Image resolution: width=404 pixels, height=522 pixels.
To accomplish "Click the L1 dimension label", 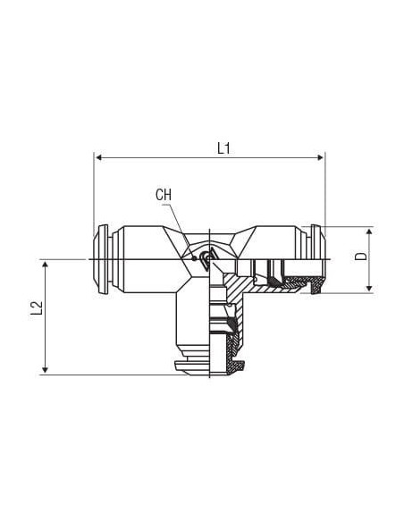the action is [x=223, y=148].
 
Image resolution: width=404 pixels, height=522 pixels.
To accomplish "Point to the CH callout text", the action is [x=164, y=195].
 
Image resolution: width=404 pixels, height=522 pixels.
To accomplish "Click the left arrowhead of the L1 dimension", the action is [x=98, y=157].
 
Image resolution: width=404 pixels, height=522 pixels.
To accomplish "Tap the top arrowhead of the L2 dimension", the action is [x=46, y=265].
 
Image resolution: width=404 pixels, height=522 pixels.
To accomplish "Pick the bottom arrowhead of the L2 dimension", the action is [x=46, y=369].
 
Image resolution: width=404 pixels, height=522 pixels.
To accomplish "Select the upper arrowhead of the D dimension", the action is [x=369, y=232].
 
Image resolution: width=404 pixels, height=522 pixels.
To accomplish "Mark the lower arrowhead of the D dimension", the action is [x=369, y=288].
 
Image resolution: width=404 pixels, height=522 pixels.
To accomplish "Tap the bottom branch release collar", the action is [x=192, y=368].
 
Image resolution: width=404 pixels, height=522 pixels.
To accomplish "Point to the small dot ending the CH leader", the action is [x=194, y=257].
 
